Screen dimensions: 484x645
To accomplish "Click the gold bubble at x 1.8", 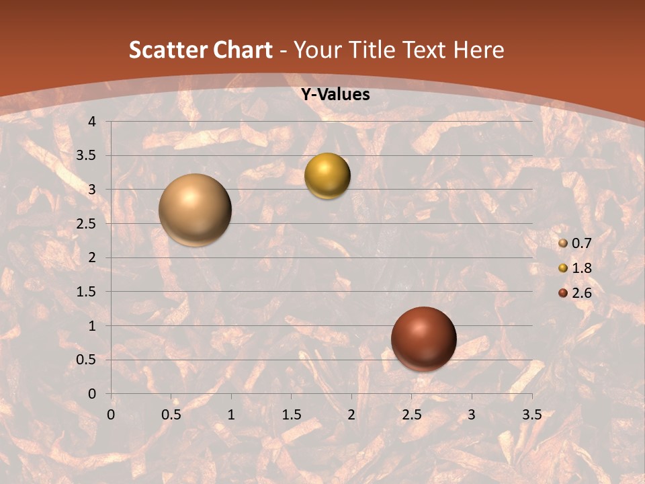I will (x=327, y=176).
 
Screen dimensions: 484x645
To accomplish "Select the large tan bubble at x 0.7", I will (x=196, y=210).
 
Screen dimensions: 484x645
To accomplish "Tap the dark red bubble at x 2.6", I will (x=423, y=339).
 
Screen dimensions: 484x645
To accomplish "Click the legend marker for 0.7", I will (x=563, y=243).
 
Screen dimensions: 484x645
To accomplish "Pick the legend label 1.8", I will (x=581, y=268).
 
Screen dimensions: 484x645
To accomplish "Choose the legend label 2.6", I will (x=581, y=293).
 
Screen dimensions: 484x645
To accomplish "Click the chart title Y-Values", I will (x=335, y=95).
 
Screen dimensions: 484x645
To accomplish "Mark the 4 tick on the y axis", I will (x=92, y=122).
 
